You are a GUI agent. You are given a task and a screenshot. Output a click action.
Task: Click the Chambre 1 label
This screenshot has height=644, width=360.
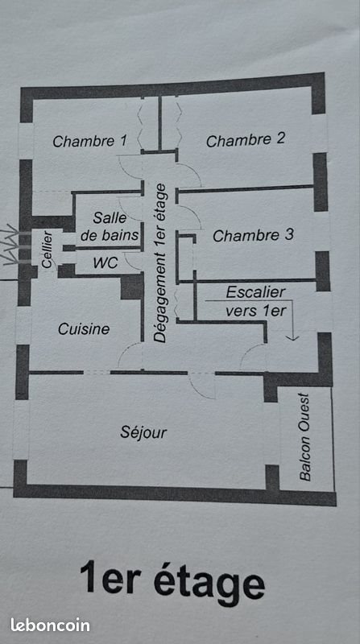[89, 142]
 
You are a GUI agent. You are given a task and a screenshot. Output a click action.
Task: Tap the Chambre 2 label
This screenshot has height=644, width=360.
[245, 140]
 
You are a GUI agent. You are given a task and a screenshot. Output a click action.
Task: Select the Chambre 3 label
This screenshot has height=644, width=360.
[253, 236]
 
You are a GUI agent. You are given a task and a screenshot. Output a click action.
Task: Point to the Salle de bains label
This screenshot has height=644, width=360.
[110, 226]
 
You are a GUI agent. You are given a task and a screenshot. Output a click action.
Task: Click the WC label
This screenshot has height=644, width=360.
[105, 262]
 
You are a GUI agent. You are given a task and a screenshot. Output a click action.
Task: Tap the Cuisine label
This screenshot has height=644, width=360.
[84, 328]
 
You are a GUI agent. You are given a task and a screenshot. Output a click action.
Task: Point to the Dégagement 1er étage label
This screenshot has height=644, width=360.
[160, 264]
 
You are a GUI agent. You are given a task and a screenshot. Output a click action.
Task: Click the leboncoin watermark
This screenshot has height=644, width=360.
[49, 624]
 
